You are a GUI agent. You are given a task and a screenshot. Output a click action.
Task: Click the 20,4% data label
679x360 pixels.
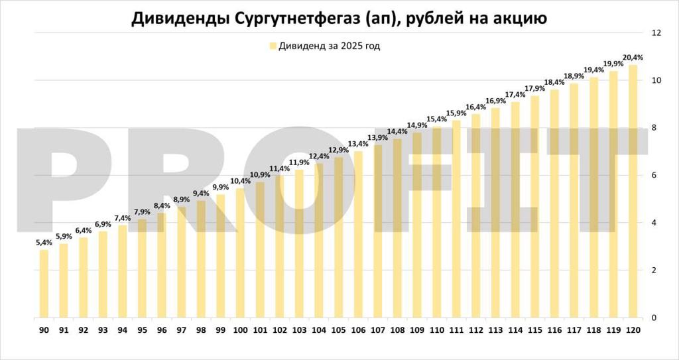tap(633, 58)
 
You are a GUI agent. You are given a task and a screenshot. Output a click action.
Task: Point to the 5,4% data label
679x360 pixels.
tap(44, 243)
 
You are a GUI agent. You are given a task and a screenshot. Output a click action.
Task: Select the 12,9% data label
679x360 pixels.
tap(338, 150)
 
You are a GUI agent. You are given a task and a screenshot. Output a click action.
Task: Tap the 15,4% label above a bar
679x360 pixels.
tap(436, 119)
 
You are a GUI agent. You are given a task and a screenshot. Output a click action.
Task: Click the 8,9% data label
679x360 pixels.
tap(181, 200)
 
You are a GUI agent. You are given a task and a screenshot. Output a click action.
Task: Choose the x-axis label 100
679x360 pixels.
tap(240, 330)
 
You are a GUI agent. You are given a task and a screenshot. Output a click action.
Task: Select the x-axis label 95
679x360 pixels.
tap(142, 330)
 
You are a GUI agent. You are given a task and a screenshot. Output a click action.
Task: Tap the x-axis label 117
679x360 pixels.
tap(574, 330)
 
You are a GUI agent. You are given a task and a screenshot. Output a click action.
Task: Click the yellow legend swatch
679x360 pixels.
tap(273, 46)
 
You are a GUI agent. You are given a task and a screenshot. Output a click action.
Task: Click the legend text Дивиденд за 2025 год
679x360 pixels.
tap(329, 46)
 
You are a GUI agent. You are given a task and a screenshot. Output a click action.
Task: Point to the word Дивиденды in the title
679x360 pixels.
tap(178, 18)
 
